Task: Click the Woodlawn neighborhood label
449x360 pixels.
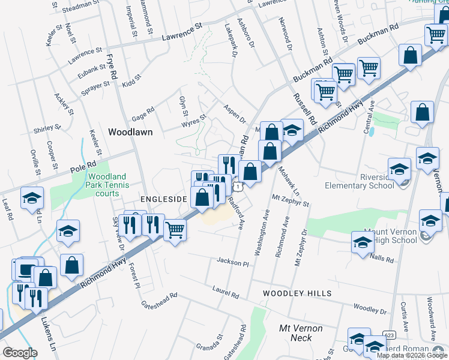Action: click(130, 132)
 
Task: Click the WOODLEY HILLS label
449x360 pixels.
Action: click(297, 293)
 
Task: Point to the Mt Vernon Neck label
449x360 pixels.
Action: click(301, 333)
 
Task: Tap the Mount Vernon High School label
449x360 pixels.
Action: click(390, 236)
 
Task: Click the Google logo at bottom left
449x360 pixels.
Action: click(20, 352)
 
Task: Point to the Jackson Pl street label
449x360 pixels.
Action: click(233, 263)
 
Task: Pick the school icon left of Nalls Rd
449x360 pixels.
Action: click(363, 243)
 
